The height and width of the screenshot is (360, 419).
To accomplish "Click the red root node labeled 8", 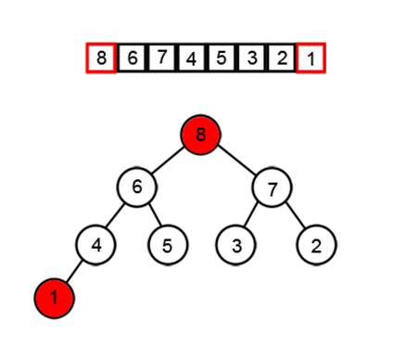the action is pos(203,136).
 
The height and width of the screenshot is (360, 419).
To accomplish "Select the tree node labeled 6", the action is pos(136,186).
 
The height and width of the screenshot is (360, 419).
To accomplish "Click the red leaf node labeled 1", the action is pos(54,298).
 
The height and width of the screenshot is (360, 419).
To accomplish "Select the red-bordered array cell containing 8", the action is pos(101,59).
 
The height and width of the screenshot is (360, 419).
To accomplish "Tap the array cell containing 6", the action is pos(132,59).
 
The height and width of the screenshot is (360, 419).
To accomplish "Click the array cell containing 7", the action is pos(161,59).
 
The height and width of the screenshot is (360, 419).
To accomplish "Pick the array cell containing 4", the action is pos(191,59).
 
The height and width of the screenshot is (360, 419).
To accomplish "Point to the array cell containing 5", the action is pos(221,59).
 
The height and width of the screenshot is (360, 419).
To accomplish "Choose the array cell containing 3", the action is pos(251,59).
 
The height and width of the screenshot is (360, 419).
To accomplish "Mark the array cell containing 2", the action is pos(281,59).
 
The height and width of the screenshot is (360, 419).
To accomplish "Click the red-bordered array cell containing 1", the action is pos(311,59).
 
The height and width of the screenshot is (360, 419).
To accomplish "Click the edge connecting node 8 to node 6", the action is pos(170,161).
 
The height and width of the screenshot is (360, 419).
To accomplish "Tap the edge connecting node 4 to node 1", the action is pos(74,272).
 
